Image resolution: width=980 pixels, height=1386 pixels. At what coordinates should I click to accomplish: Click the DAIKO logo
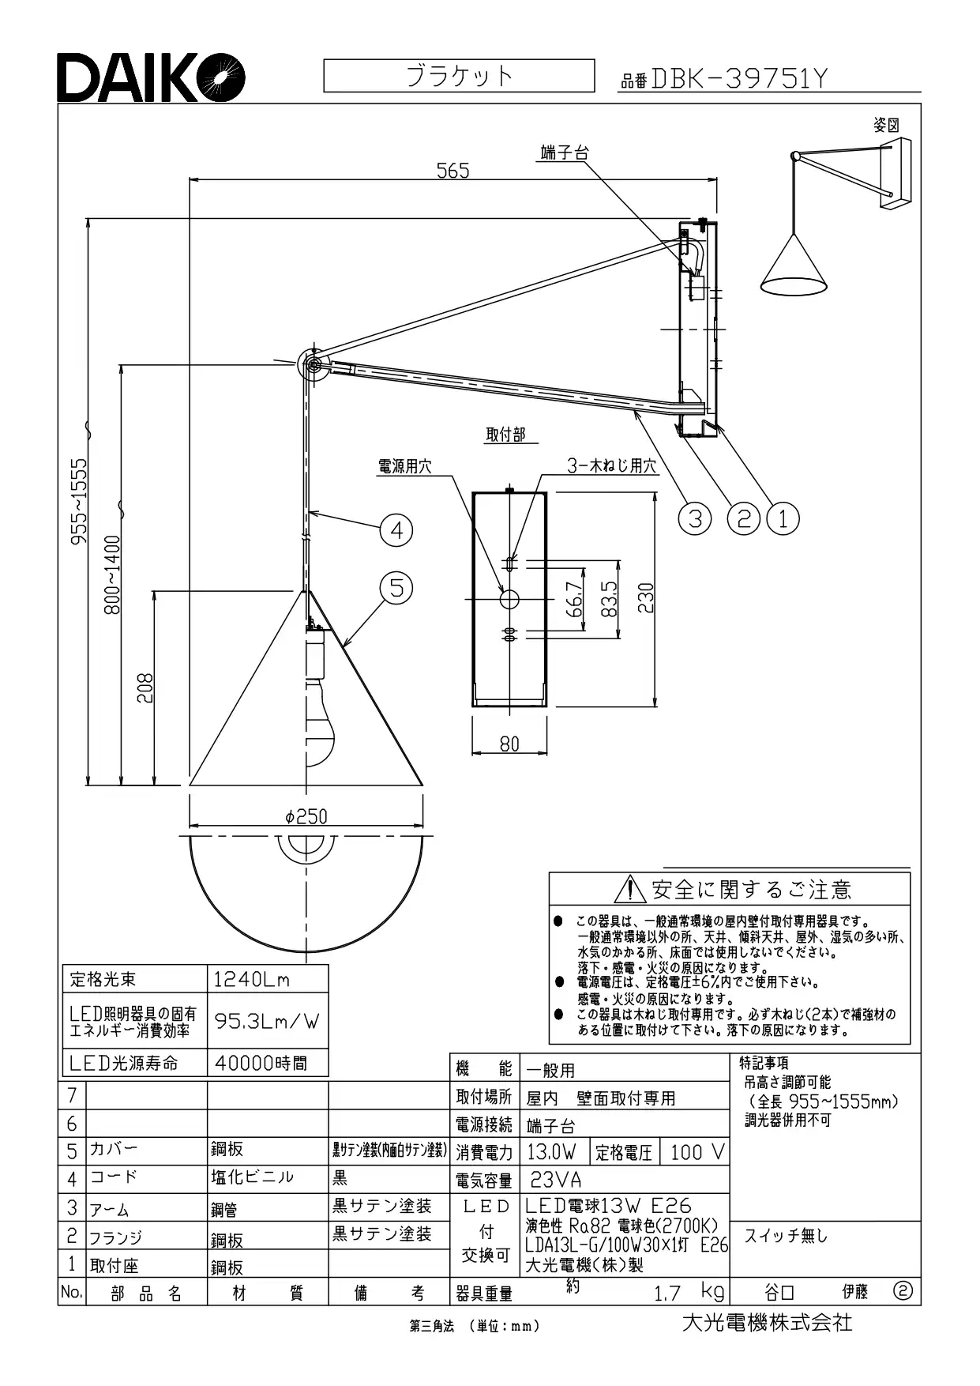click(150, 77)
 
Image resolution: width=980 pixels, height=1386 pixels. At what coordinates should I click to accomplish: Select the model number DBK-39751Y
click(738, 78)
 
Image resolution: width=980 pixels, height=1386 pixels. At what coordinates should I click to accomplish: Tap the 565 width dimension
click(453, 170)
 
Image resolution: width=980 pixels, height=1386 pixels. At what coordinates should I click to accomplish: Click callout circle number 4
click(396, 529)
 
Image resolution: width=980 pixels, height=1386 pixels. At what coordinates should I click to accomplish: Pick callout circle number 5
click(396, 588)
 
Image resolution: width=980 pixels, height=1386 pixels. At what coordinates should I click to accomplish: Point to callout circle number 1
click(783, 518)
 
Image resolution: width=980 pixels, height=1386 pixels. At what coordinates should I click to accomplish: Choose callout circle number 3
click(695, 518)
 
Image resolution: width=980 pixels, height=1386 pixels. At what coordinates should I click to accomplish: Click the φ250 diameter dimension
click(306, 816)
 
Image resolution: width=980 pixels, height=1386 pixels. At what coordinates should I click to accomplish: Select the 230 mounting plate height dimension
click(645, 598)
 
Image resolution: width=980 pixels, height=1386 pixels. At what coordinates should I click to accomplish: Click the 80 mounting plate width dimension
click(509, 744)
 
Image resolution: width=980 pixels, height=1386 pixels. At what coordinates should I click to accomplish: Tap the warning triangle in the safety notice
click(629, 890)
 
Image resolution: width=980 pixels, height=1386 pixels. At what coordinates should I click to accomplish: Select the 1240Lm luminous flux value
click(252, 980)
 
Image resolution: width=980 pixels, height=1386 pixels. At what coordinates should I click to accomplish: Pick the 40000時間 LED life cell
click(261, 1064)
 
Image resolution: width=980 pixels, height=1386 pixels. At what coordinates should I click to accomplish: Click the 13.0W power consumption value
click(551, 1152)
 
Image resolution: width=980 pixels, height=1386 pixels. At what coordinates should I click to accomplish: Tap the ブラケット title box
click(459, 76)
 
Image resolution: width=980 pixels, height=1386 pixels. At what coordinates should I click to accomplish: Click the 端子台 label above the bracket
click(565, 153)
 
